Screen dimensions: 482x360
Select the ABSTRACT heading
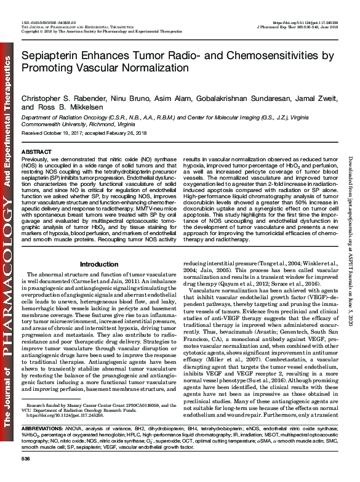pos(35,151)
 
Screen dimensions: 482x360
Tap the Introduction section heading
pos(99,247)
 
